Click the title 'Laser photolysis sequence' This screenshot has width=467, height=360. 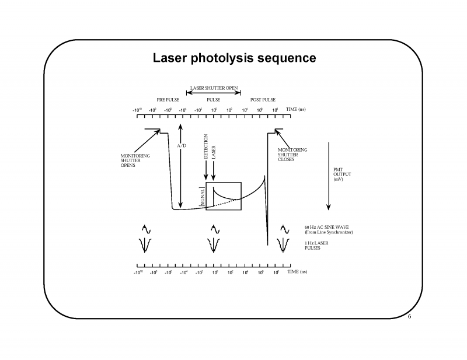coord(234,58)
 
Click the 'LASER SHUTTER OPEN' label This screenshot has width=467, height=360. coord(214,88)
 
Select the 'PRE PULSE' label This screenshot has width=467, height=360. coord(168,100)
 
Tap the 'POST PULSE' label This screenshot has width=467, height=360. coord(263,100)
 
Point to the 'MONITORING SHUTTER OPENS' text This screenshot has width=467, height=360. coord(135,160)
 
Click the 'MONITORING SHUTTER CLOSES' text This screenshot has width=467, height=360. coord(292,155)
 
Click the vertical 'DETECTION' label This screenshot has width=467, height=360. coord(206,148)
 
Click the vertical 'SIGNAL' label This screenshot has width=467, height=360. coord(202,195)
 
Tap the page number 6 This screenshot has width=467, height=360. coord(410,317)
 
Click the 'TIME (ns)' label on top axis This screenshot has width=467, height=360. coord(296,109)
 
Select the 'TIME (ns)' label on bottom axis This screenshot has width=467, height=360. coord(296,272)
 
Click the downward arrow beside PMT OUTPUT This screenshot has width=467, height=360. coord(330,175)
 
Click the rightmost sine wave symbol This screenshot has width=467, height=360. coord(284,229)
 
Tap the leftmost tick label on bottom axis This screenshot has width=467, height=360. coord(138,272)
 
